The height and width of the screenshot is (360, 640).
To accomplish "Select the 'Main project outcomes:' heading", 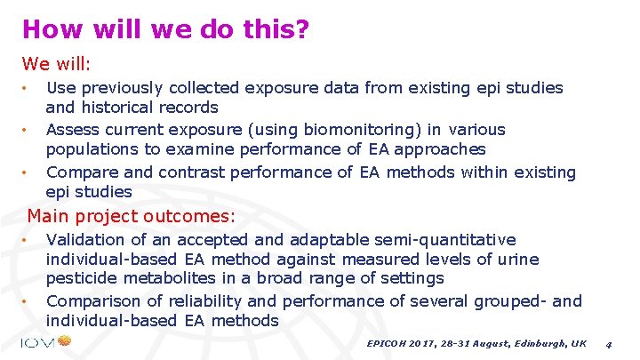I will tap(132, 215).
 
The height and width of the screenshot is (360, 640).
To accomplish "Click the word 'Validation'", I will tap(84, 239).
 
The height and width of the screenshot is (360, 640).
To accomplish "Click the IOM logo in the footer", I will tap(44, 342).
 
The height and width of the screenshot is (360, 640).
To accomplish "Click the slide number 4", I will tap(608, 343).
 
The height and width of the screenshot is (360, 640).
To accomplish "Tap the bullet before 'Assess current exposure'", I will tap(28, 130).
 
